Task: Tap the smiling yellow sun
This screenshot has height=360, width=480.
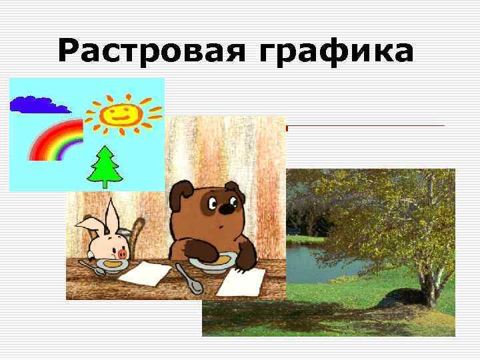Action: [122, 112]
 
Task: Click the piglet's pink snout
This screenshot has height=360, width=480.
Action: [122, 253]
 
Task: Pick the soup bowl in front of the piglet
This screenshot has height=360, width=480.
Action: [107, 265]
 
